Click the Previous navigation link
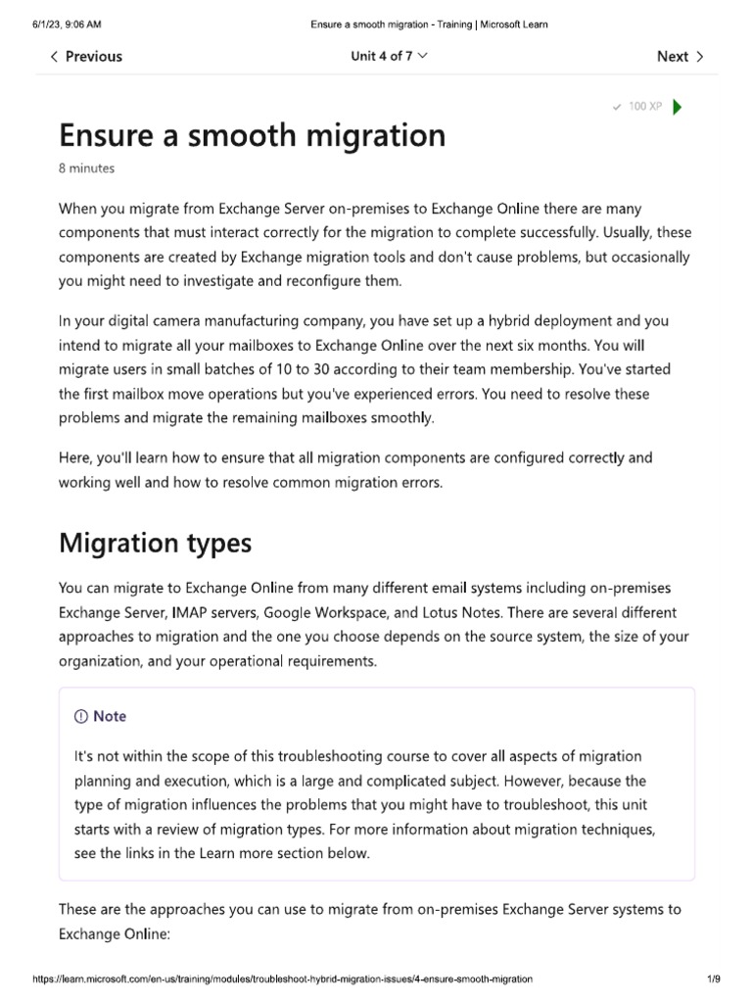click(x=88, y=57)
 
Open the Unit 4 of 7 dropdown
click(x=389, y=57)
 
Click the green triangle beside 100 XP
click(x=679, y=107)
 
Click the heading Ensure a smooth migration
click(x=253, y=134)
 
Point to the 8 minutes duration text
click(x=86, y=168)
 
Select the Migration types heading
click(x=155, y=543)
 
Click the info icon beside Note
click(x=81, y=717)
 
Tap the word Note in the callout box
click(x=110, y=717)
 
